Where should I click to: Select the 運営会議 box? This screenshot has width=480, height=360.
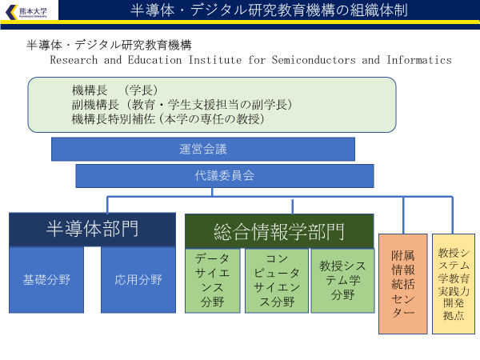[203, 149]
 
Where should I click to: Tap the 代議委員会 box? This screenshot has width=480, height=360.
[225, 176]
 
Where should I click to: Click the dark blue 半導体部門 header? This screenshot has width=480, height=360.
[93, 230]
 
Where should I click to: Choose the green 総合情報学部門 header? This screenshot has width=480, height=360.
[279, 231]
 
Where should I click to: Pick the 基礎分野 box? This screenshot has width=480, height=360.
[46, 280]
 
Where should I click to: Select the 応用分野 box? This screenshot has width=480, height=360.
[138, 280]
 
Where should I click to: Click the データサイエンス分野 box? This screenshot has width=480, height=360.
[212, 280]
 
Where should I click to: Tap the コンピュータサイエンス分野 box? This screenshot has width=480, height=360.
[275, 280]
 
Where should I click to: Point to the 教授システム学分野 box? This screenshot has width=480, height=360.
[342, 280]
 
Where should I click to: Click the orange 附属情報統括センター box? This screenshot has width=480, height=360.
[403, 283]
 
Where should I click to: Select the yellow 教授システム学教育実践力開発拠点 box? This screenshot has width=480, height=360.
[454, 283]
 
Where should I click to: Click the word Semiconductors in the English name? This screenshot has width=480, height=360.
[313, 60]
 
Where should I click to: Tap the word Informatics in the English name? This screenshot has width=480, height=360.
[419, 60]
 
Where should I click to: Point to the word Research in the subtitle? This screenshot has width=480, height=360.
[73, 60]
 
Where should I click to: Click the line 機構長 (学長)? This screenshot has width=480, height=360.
[114, 90]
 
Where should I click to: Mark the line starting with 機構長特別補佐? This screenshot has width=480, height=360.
[168, 118]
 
